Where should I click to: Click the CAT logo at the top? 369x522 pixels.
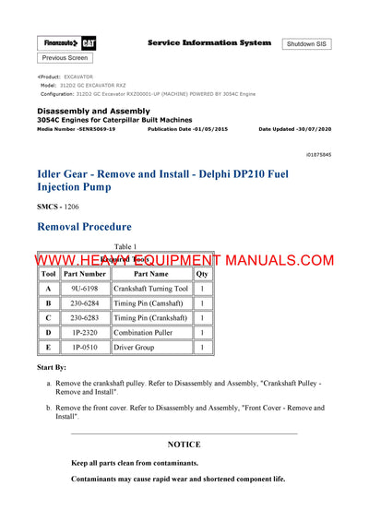(x=89, y=43)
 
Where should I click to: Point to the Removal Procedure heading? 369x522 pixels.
(x=84, y=226)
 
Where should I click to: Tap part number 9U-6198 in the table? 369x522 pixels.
(x=84, y=289)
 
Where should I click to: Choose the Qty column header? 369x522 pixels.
(x=202, y=274)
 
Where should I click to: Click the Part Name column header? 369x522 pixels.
(x=151, y=274)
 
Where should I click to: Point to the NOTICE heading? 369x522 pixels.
(x=184, y=445)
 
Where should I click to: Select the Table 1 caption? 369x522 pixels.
(x=125, y=246)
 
